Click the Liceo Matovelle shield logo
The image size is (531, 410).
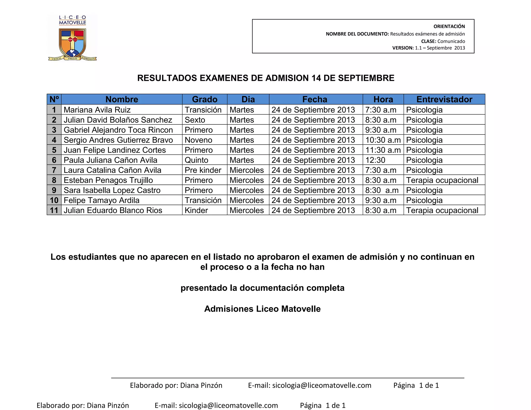[x=72, y=43]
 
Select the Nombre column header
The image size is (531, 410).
[x=122, y=99]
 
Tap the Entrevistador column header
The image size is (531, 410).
[x=444, y=99]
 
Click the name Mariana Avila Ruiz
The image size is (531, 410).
[x=97, y=110]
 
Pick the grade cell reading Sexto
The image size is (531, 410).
[x=195, y=120]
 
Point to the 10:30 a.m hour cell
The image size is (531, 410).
[x=383, y=140]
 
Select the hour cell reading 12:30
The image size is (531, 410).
[x=375, y=160]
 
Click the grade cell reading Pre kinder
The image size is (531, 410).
[x=203, y=170]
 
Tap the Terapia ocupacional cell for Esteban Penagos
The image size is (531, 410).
[x=442, y=180]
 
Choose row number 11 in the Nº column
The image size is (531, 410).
[x=54, y=210]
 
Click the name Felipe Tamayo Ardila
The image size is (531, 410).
[x=101, y=200]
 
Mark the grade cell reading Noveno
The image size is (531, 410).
[x=198, y=140]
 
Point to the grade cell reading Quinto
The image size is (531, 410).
[x=196, y=160]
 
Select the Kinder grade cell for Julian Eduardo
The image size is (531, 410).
[x=196, y=210]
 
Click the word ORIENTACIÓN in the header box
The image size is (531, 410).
[x=449, y=26]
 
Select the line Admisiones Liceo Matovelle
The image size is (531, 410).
[x=262, y=309]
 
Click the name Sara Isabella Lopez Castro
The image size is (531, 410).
[x=112, y=190]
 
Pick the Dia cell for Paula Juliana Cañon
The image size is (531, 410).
[x=242, y=160]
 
